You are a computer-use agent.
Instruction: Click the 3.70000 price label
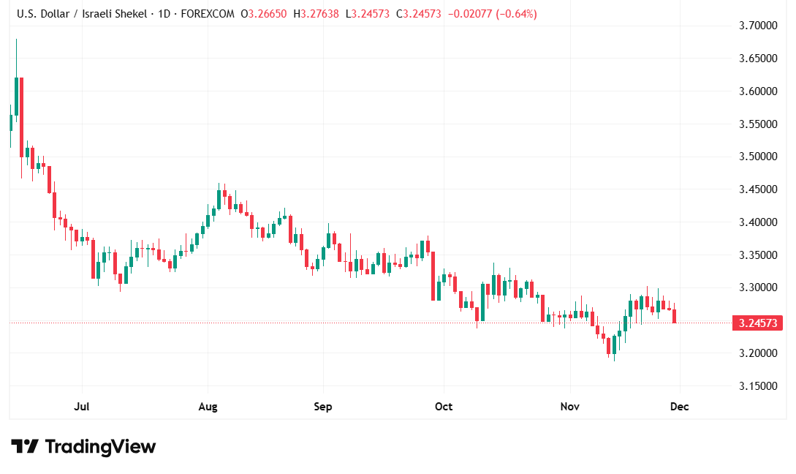coord(757,26)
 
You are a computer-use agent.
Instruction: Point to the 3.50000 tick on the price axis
coord(757,157)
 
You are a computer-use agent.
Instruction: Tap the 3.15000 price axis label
coord(757,385)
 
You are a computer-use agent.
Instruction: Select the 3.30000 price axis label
coord(757,287)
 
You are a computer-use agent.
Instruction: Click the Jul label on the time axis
coord(82,407)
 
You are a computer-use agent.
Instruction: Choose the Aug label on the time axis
coord(208,407)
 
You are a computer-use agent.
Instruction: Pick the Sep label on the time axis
coord(322,407)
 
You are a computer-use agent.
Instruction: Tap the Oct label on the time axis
coord(444,407)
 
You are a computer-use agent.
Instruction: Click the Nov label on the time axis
coord(570,407)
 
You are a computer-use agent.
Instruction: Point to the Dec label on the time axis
coord(680,407)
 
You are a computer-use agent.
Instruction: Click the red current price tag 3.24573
coord(757,323)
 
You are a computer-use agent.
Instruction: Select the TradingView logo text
coord(100,446)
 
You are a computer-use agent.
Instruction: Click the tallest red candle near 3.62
coord(22,117)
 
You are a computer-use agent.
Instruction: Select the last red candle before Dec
coord(675,316)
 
